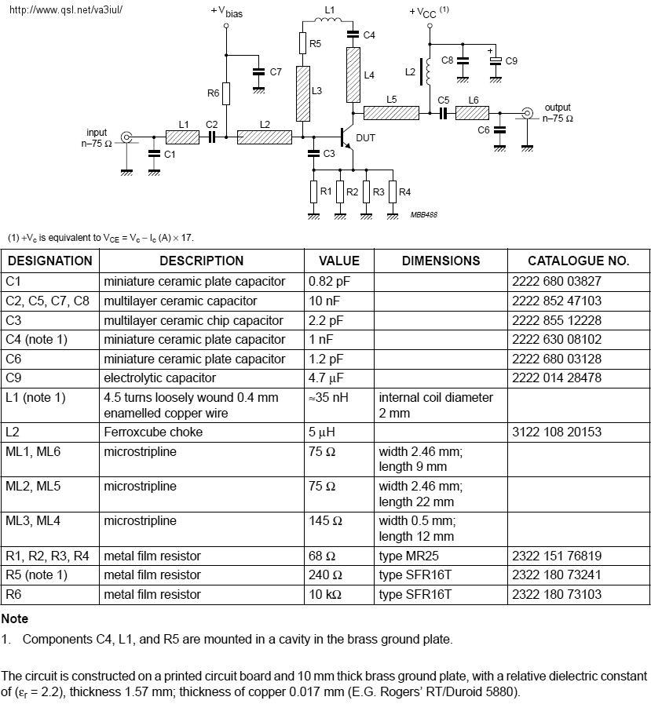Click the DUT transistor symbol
347,137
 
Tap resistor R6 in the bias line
226,93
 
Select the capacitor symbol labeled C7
258,72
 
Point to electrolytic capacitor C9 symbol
496,60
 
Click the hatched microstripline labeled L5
391,113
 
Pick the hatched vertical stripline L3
303,94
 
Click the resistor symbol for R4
393,192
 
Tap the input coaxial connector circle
126,137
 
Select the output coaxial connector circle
527,113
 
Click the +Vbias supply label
226,12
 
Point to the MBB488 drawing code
423,214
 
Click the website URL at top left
66,10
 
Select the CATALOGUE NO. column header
578,261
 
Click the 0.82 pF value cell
329,282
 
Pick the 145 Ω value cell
325,521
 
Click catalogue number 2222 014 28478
557,378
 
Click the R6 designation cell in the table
13,594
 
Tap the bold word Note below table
15,618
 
